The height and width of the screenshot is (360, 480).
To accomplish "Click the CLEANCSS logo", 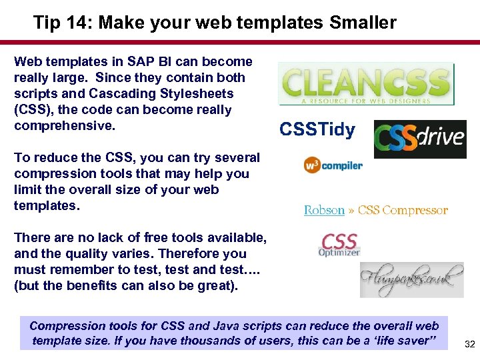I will tap(366, 84).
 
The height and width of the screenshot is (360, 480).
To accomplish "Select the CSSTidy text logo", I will tap(317, 129).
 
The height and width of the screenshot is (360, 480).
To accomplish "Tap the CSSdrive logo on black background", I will tap(419, 139).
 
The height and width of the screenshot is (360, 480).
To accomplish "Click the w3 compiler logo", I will tap(333, 165).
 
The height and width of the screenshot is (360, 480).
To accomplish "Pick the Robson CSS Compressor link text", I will tap(375, 210).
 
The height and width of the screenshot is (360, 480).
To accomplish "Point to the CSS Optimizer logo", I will tap(339, 245).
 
